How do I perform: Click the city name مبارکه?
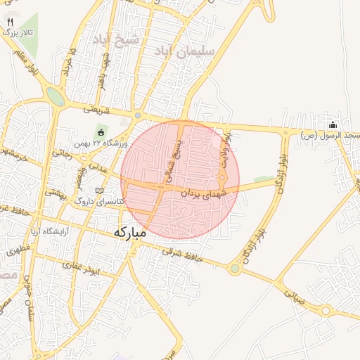click(130, 231)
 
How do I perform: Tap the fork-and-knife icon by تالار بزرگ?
click(10, 22)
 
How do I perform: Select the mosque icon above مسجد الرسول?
click(332, 124)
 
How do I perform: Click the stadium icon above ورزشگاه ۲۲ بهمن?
click(101, 132)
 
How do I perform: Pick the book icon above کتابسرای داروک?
click(99, 191)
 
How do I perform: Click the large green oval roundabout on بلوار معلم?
click(55, 96)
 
